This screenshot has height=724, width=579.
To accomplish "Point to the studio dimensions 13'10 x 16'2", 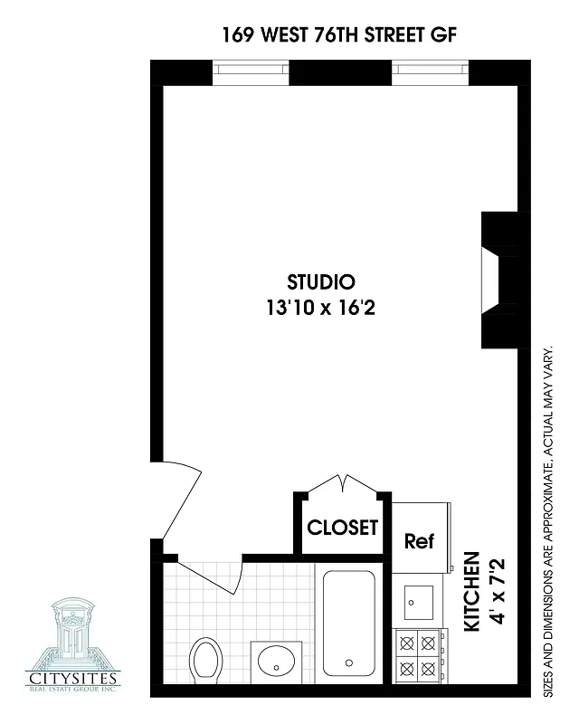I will (x=320, y=308).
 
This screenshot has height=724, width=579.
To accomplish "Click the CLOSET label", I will (x=342, y=528).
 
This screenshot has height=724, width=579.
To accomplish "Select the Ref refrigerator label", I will (x=419, y=541).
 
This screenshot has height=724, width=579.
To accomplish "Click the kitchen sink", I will (x=418, y=601).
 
